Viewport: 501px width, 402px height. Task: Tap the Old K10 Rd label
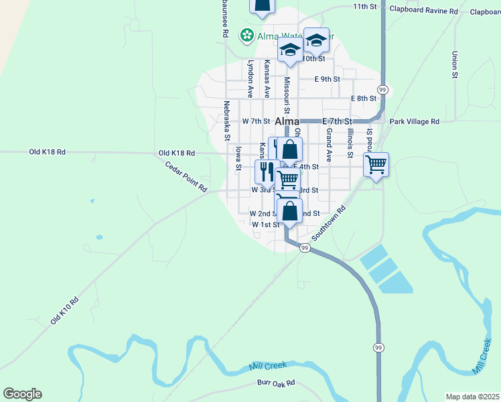[x=65, y=311]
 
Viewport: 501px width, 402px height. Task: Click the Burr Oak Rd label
[x=276, y=384]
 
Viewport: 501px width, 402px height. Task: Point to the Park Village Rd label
[x=414, y=121]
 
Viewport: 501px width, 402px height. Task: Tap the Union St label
[x=454, y=65]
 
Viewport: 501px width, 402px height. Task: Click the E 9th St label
[x=328, y=79]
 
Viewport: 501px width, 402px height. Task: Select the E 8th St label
[x=364, y=98]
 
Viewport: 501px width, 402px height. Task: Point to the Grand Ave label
[x=329, y=145]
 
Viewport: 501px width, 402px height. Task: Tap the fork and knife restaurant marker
[x=266, y=171]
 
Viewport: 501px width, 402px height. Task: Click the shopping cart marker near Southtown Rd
[x=376, y=163]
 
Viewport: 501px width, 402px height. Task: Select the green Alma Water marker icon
[x=247, y=34]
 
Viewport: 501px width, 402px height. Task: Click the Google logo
[x=22, y=394]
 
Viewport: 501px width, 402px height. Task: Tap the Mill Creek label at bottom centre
[x=267, y=366]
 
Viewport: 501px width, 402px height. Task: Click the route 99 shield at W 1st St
[x=305, y=248]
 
